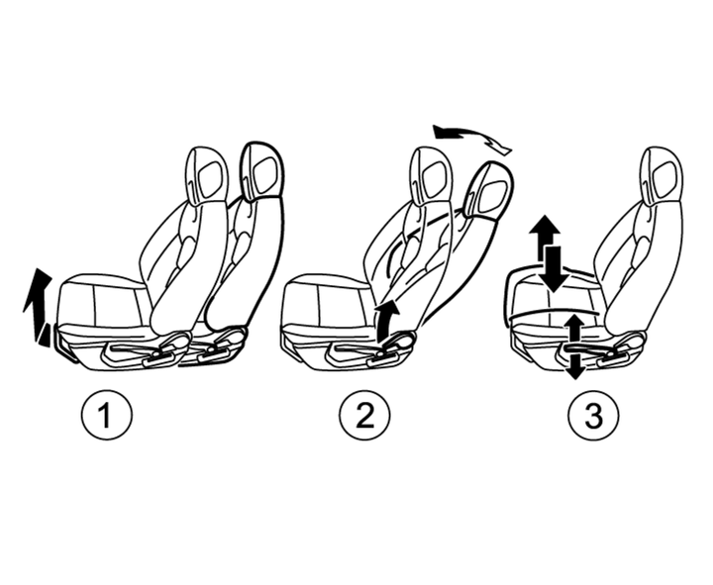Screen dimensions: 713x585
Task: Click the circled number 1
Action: point(106,416)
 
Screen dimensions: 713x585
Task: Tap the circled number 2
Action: point(365,416)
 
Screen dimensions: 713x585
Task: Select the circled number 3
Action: point(593,416)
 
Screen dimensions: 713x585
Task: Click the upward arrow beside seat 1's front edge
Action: point(38,305)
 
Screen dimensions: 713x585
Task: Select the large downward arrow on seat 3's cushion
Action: point(555,269)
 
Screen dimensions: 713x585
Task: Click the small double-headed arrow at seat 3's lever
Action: point(574,346)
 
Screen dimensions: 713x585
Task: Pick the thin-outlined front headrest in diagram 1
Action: point(207,174)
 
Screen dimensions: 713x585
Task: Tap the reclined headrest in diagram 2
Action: point(488,191)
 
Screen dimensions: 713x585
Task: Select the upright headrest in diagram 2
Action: point(430,174)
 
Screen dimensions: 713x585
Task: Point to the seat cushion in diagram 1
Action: point(105,302)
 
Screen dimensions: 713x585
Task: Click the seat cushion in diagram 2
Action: point(328,302)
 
